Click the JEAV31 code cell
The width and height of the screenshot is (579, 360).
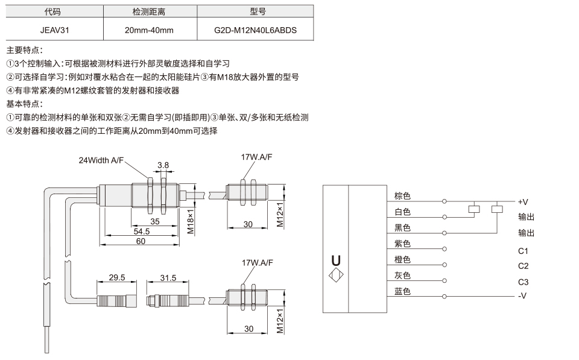(x=55, y=30)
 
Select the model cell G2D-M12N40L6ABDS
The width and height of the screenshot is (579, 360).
(x=255, y=30)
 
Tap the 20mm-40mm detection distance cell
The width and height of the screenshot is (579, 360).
(x=149, y=30)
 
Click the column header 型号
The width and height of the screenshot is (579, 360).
(x=258, y=11)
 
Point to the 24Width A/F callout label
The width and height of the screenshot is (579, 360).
(x=101, y=160)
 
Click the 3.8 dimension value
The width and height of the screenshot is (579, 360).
(x=163, y=165)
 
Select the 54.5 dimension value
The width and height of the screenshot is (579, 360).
(x=141, y=232)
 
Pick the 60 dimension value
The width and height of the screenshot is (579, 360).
(x=141, y=241)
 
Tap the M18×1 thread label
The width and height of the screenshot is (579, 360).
(x=191, y=221)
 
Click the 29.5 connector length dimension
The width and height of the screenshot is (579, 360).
(x=116, y=277)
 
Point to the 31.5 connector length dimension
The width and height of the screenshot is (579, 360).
(x=168, y=277)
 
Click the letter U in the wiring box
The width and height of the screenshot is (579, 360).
(x=336, y=261)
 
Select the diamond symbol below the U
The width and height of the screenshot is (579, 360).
(x=336, y=275)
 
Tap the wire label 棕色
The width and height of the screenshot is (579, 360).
(x=402, y=196)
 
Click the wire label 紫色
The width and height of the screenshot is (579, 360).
(x=402, y=244)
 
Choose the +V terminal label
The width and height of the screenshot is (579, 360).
(x=523, y=202)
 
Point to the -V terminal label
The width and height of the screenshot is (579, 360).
(x=522, y=295)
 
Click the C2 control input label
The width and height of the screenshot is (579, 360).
(x=524, y=266)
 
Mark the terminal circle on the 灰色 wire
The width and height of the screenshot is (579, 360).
(x=445, y=280)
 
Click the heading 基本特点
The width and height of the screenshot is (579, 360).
(x=24, y=104)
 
